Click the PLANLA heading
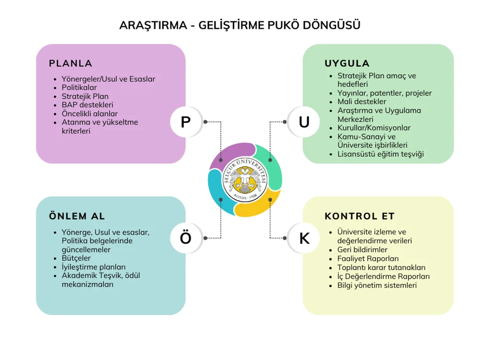pos(70,63)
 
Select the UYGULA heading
pos(347,63)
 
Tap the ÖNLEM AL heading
pos(77,216)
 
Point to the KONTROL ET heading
pos(360,216)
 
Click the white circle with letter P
pos(185,122)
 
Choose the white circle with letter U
pos(304,122)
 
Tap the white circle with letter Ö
pos(185,238)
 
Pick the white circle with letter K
pos(304,238)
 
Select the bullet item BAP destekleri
pos(87,105)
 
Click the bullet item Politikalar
pos(79,87)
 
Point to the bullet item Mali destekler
pos(362,102)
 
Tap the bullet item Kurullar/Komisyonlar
pos(374,128)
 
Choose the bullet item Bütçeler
pos(76,258)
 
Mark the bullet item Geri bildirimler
pos(362,249)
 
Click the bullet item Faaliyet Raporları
pos(368,258)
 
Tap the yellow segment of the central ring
pos(257,206)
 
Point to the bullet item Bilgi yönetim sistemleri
pos(377,285)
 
